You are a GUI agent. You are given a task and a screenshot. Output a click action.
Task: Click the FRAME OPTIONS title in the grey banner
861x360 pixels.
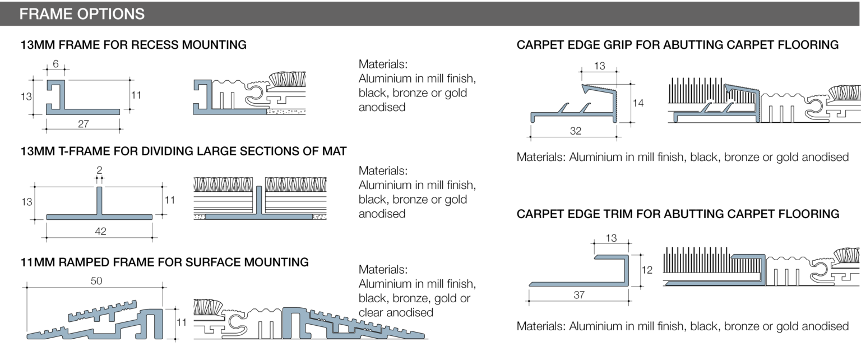pos(82,14)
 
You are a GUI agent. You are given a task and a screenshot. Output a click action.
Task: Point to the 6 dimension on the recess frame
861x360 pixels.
pos(55,64)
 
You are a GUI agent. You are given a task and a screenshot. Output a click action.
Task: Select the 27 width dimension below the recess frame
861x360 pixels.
pos(83,124)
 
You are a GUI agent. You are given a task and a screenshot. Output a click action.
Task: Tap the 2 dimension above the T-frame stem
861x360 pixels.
pos(99,170)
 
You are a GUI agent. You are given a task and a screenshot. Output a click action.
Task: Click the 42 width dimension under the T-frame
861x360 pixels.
pos(100,231)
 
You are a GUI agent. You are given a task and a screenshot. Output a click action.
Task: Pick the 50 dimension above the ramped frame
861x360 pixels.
pos(96,281)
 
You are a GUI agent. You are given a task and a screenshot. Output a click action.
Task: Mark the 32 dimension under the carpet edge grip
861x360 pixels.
pos(575,131)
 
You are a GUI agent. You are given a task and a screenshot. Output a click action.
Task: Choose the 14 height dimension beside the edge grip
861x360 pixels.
pos(637,103)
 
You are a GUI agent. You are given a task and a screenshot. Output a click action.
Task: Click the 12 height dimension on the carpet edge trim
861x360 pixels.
pos(647,270)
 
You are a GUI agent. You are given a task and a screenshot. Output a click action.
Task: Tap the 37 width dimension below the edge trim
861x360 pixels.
pos(579,295)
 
